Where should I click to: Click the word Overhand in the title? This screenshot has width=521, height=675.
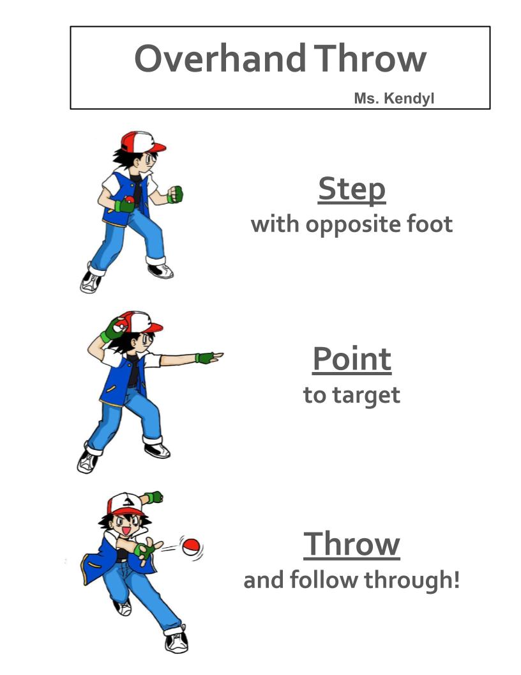[x=220, y=58]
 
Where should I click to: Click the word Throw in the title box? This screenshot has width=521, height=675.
[x=370, y=58]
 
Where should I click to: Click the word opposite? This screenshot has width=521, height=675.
[x=352, y=225]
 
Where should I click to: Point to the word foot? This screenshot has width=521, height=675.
[x=430, y=224]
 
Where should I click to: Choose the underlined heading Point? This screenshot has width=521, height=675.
[x=352, y=359]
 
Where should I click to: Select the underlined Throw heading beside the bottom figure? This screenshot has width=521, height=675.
[x=352, y=544]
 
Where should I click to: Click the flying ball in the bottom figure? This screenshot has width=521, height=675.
[x=190, y=547]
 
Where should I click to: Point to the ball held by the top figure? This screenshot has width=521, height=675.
[x=129, y=200]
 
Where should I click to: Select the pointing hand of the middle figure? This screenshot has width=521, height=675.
[x=210, y=357]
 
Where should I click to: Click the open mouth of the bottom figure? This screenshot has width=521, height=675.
[x=126, y=531]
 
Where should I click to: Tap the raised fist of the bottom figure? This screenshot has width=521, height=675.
[x=155, y=497]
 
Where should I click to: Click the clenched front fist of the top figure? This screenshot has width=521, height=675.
[x=176, y=194]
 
